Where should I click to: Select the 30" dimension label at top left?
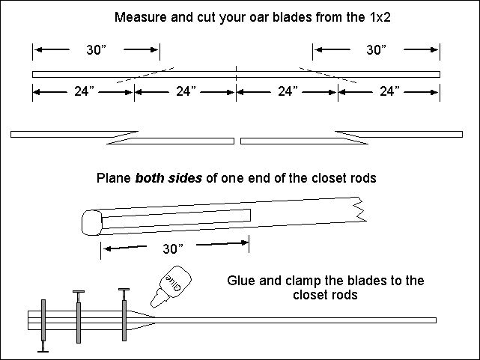click(x=97, y=50)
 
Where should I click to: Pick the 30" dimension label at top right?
click(x=377, y=50)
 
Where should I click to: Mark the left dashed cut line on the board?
click(x=146, y=74)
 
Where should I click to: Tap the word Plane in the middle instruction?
click(x=112, y=180)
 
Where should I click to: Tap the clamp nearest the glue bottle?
click(x=123, y=314)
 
